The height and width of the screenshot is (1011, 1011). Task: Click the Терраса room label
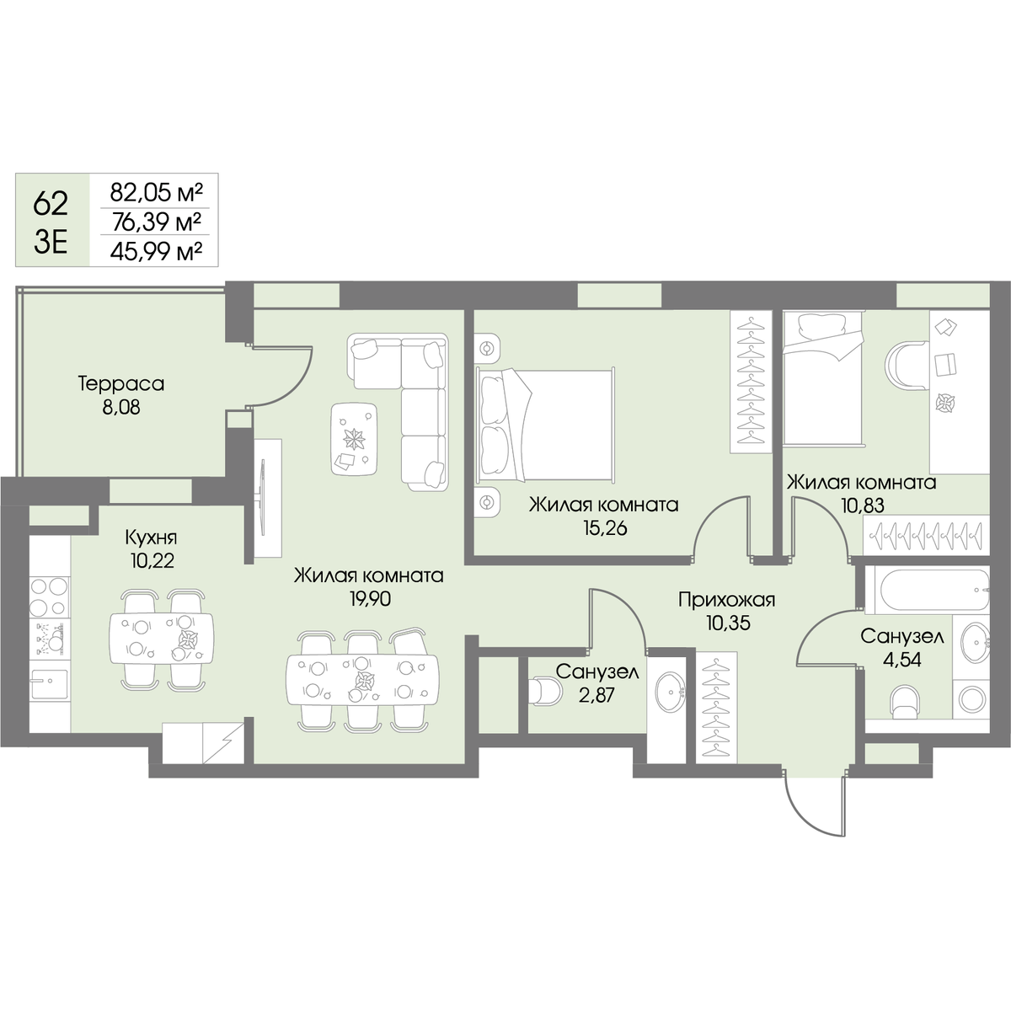(x=121, y=384)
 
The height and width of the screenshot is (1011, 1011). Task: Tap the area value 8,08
(x=121, y=408)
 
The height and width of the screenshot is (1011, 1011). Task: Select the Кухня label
(x=151, y=538)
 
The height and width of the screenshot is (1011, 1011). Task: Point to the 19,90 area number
(x=371, y=599)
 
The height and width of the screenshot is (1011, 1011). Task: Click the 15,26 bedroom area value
(x=605, y=527)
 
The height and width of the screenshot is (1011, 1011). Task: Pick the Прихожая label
(x=726, y=599)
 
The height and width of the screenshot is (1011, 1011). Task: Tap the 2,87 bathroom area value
(x=597, y=695)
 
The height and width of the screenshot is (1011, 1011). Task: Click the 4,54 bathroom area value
(x=901, y=660)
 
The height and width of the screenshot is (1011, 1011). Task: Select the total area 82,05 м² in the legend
(x=156, y=193)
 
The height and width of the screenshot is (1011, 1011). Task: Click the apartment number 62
(x=51, y=204)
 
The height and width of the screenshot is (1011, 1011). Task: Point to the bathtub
(x=927, y=590)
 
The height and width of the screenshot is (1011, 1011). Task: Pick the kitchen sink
(x=50, y=684)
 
